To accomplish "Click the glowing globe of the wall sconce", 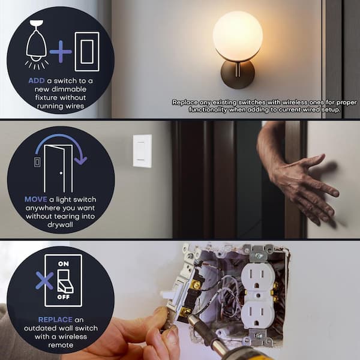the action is point(238,35).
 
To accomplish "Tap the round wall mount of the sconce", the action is point(238,74).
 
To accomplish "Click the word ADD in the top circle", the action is point(37,81).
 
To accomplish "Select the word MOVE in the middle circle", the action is point(36,199).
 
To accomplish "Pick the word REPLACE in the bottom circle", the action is point(55,320).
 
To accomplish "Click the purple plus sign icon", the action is point(61,52).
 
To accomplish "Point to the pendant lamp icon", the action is point(37,44).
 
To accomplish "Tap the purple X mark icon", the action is point(44,280).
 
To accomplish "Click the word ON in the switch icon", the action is point(64,264).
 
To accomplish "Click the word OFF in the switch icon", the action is point(64,297).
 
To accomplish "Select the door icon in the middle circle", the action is point(58,169).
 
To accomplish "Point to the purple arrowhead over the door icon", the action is point(80,160).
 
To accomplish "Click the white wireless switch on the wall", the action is point(142,151).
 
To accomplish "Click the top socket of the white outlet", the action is point(257,277).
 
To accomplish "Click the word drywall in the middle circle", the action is point(60,224).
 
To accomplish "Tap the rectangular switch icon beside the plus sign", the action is point(87,52).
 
